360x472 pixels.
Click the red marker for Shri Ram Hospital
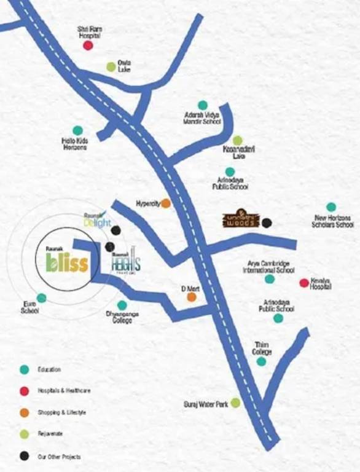point(88,45)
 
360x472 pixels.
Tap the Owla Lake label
point(124,66)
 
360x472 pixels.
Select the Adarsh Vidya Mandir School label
point(202,118)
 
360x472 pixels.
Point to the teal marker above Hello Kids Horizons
point(77,130)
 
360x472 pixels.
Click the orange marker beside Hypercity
point(166,203)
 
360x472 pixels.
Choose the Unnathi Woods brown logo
point(241,221)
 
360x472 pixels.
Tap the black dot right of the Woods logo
point(267,222)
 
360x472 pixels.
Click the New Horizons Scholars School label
point(334,221)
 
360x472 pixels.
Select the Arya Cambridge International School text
point(270,267)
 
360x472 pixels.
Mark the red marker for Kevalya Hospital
point(303,283)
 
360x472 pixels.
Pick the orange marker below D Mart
point(192,297)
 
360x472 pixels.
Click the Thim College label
point(262,348)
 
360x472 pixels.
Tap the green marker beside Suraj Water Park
point(235,403)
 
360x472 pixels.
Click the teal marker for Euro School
point(41,298)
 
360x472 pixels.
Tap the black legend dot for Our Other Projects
point(24,456)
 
